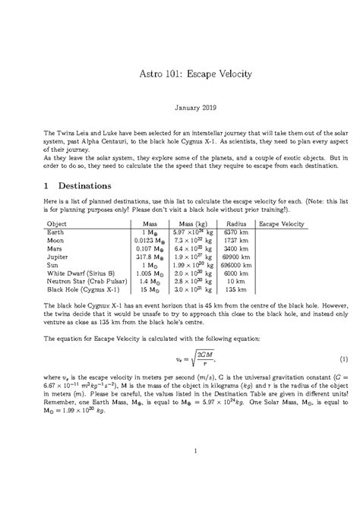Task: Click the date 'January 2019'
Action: click(180, 110)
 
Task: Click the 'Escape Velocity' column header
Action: click(282, 225)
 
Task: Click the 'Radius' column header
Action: click(233, 225)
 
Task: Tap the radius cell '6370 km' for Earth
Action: click(233, 234)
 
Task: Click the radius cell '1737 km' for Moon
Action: click(233, 242)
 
